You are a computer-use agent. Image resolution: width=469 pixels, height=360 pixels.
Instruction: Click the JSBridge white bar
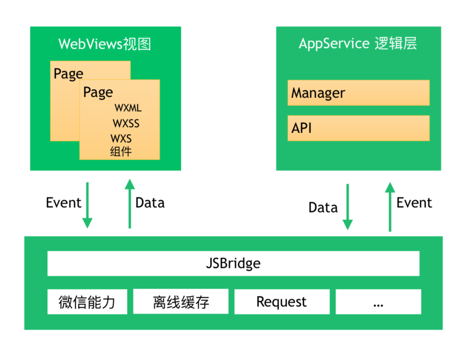point(233,263)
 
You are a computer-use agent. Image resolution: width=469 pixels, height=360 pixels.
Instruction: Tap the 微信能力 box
point(87,302)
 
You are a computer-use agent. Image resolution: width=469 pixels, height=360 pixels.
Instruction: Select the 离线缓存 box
point(181,301)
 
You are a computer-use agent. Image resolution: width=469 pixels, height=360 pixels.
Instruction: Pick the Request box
point(282,302)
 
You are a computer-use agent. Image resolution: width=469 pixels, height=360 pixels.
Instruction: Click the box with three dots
point(378,302)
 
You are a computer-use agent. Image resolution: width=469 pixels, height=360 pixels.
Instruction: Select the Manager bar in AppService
point(359,93)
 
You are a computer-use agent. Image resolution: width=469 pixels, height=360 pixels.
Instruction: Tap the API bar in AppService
point(359,128)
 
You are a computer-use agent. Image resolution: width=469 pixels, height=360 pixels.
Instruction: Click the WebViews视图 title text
point(105,44)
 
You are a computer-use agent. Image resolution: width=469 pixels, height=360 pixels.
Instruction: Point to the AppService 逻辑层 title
point(358,43)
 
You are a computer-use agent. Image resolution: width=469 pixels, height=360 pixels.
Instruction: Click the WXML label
point(128,108)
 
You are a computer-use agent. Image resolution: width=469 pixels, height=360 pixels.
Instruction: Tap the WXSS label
point(126,123)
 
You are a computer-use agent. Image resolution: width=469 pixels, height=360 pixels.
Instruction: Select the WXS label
point(121,138)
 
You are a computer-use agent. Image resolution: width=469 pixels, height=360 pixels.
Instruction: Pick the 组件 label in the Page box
point(121,151)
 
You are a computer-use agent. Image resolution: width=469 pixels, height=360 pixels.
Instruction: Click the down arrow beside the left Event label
point(87,205)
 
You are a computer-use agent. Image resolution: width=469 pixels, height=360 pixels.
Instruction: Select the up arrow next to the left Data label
point(130,203)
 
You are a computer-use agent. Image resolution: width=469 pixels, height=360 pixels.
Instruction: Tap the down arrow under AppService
point(348,207)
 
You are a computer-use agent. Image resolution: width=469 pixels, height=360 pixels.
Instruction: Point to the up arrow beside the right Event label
point(390,207)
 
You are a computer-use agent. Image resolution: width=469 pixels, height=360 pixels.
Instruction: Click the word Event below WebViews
point(64,203)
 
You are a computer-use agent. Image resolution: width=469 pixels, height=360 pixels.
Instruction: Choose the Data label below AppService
point(323,208)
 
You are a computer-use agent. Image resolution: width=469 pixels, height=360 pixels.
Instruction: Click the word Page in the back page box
point(68,74)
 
